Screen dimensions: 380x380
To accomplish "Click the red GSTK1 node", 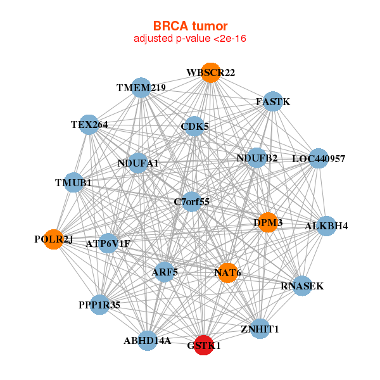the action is pos(203,345).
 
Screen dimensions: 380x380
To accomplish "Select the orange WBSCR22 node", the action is pos(210,73).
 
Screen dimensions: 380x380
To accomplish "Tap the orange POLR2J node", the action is pos(54,239).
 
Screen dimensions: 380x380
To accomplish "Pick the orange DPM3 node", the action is pos(267,222).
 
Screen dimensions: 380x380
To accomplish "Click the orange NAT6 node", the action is pos(227,272).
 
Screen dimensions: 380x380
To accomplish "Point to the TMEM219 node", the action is pos(141,88).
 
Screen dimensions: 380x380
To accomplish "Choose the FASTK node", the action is pos(272,101).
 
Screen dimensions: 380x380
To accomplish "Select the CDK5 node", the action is pos(194,127).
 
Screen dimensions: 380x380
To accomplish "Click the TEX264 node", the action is pos(89,125).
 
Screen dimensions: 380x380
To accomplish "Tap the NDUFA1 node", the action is pos(137,163).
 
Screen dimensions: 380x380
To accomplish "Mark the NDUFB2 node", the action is pos(256,158).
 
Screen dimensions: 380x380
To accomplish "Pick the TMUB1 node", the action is pos(74,183).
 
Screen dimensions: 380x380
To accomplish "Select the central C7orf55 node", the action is pos(191,202).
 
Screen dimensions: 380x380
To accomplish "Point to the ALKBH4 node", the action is pos(326,225).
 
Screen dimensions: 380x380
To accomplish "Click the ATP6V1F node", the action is pos(108,243).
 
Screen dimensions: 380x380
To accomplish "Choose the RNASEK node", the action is pos(302,286).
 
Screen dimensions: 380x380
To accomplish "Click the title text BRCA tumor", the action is pos(190,26).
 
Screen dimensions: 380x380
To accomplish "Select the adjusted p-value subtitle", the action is pos(190,39).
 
